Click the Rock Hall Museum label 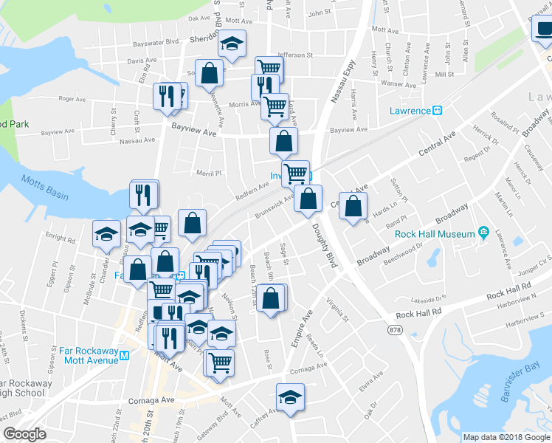pyautogui.click(x=434, y=234)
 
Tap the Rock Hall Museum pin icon pyautogui.click(x=483, y=233)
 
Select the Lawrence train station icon pyautogui.click(x=437, y=111)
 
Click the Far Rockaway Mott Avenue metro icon pyautogui.click(x=124, y=355)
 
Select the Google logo pyautogui.click(x=24, y=435)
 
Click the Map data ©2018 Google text pyautogui.click(x=506, y=437)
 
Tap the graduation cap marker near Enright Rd pyautogui.click(x=106, y=233)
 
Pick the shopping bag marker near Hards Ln pyautogui.click(x=354, y=205)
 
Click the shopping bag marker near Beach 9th pyautogui.click(x=272, y=298)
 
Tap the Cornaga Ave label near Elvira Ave pyautogui.click(x=308, y=368)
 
